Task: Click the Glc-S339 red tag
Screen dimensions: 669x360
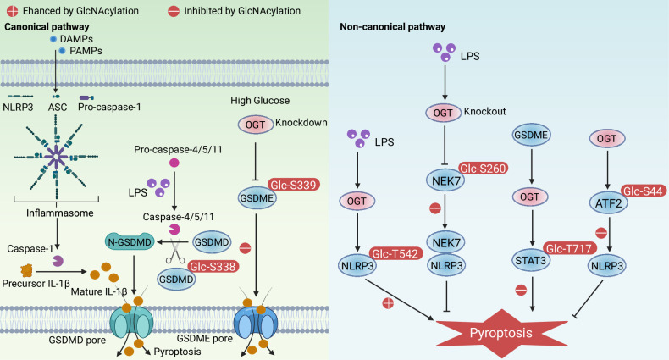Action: click(x=294, y=185)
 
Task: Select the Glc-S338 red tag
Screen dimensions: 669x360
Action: click(x=213, y=267)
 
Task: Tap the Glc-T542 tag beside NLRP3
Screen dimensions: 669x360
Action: click(x=395, y=254)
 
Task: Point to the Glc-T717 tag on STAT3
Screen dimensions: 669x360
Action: click(x=570, y=248)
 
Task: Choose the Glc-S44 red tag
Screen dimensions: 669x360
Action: click(x=643, y=191)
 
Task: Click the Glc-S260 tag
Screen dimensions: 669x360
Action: click(x=483, y=169)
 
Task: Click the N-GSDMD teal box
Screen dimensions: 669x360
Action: click(x=130, y=242)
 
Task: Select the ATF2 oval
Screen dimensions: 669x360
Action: click(x=608, y=203)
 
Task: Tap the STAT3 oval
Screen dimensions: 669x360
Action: click(x=530, y=261)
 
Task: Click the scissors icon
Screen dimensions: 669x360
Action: click(x=175, y=252)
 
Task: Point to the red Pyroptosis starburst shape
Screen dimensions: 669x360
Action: click(x=501, y=333)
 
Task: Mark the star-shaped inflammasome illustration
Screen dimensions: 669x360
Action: click(x=56, y=157)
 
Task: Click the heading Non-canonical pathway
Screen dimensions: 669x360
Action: click(x=393, y=27)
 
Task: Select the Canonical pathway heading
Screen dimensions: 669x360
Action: click(x=47, y=27)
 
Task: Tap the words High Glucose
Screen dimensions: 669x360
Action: click(x=260, y=101)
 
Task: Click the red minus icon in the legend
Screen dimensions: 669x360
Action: click(x=174, y=11)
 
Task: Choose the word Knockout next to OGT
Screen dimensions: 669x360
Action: click(x=484, y=111)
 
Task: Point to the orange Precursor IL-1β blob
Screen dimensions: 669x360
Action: click(x=27, y=270)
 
